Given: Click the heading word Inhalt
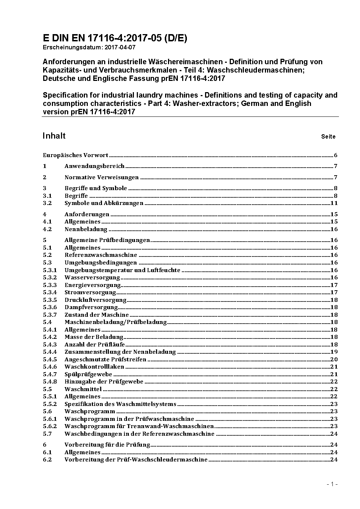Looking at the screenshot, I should (54, 136).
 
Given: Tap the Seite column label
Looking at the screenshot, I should (328, 137).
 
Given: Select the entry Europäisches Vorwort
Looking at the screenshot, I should (75, 155).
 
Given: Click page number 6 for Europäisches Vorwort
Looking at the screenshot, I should (336, 155).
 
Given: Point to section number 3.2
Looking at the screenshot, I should (47, 203).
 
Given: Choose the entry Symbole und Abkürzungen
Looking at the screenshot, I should (104, 203).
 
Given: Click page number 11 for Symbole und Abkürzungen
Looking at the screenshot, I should (334, 203).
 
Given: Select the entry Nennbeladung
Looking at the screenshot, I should (86, 229).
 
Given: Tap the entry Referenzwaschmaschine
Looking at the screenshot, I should (101, 255).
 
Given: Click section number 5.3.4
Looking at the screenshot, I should (50, 292).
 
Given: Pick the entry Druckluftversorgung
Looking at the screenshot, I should (95, 300).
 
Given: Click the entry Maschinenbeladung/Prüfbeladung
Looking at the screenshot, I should (115, 322).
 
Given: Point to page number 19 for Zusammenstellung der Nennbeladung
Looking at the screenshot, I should (334, 352).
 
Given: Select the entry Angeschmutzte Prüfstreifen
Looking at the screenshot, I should (105, 360).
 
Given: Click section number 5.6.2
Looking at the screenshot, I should (50, 426).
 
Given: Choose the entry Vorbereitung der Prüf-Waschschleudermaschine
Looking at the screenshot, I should (136, 460).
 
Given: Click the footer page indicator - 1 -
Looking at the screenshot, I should (332, 484).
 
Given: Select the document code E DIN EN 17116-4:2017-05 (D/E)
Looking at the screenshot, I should (115, 38).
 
